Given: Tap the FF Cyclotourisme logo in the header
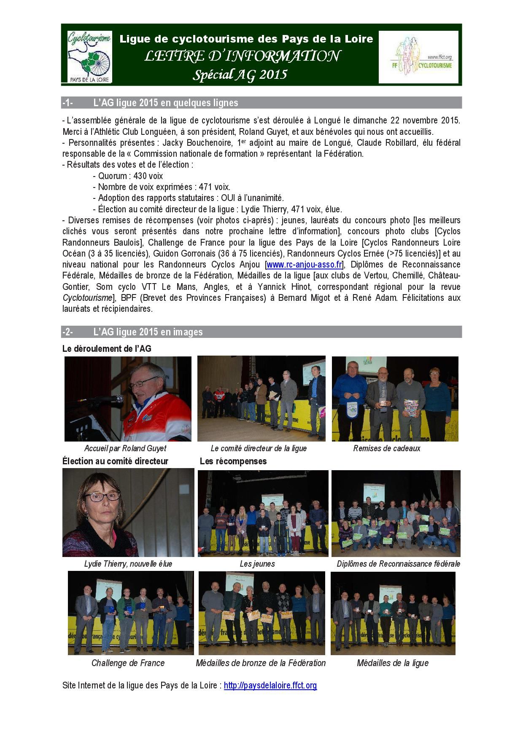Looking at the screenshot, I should click(418, 57).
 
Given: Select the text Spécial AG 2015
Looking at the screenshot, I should click(240, 75).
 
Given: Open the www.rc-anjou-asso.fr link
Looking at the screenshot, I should click(304, 265).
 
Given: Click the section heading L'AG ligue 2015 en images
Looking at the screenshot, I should click(148, 332).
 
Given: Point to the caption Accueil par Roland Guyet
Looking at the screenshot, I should click(125, 448).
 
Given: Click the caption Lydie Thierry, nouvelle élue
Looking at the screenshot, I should click(128, 564).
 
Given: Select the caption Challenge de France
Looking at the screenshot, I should click(128, 663).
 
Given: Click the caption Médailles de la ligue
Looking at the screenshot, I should click(392, 663).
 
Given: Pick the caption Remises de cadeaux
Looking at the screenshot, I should click(386, 448).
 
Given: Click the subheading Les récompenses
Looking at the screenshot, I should click(233, 461).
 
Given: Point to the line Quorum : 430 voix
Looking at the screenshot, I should click(128, 176).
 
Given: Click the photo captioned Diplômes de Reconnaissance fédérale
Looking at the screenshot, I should click(396, 513).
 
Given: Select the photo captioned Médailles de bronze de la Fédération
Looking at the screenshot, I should click(261, 613).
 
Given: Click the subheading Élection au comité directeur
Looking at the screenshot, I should click(115, 461).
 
